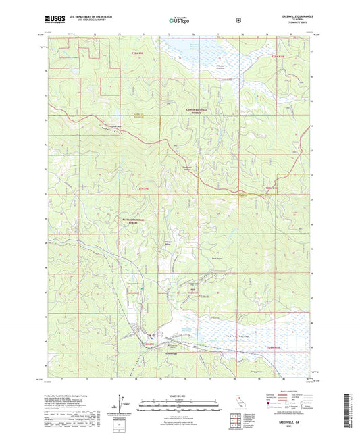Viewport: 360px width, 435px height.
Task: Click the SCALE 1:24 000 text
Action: (179, 394)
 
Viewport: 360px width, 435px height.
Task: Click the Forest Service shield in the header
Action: (238, 20)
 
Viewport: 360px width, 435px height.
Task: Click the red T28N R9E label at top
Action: (137, 53)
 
